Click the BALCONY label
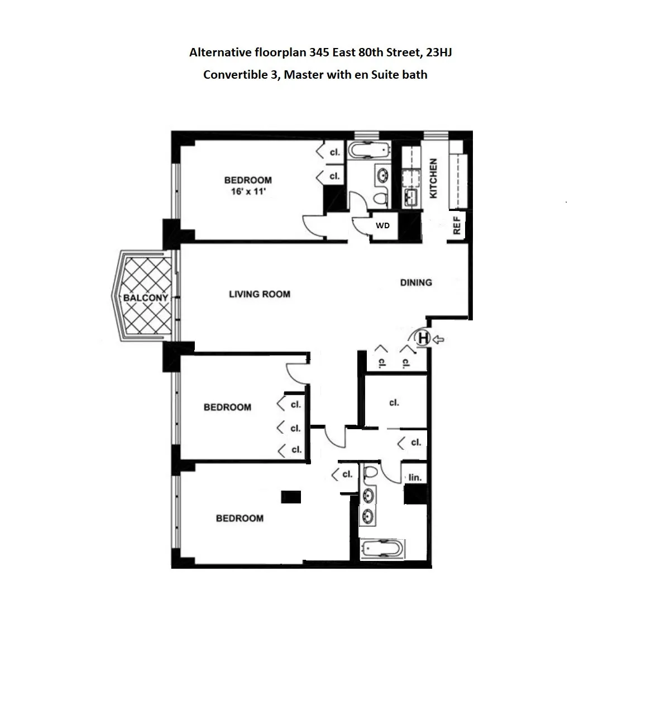tap(145, 297)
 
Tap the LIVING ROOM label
tap(260, 294)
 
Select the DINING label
tap(416, 282)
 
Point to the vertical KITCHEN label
tap(433, 178)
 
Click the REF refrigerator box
tap(457, 225)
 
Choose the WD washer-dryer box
tap(382, 225)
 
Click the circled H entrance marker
tap(424, 338)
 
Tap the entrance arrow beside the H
tap(439, 338)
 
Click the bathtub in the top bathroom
tap(368, 151)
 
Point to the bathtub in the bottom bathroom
tap(381, 549)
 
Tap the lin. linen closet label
tap(414, 478)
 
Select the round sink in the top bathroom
tap(382, 176)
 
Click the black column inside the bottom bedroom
tap(291, 496)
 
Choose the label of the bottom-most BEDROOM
tap(240, 518)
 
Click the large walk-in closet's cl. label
tap(394, 402)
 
